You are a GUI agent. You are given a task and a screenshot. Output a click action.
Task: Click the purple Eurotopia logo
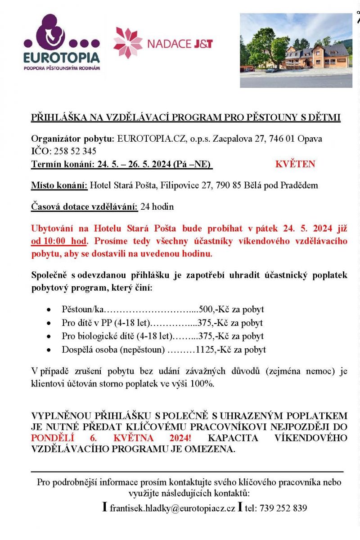[62, 43]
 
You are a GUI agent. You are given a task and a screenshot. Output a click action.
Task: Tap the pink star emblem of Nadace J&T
[128, 43]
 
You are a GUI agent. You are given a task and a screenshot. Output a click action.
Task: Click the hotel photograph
[296, 50]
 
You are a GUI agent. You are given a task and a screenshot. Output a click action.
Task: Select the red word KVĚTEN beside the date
[295, 164]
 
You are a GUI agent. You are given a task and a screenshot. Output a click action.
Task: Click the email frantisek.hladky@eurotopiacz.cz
[172, 508]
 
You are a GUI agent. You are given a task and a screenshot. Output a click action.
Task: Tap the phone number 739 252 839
[283, 508]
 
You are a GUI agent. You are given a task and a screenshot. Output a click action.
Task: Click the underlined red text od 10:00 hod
[58, 242]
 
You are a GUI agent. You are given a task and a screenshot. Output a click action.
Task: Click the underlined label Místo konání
[59, 185]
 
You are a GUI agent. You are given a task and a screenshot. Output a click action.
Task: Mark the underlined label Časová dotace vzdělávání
[84, 207]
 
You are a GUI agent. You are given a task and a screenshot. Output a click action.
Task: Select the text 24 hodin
[157, 207]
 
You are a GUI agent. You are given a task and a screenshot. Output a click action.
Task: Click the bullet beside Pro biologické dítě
[49, 337]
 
